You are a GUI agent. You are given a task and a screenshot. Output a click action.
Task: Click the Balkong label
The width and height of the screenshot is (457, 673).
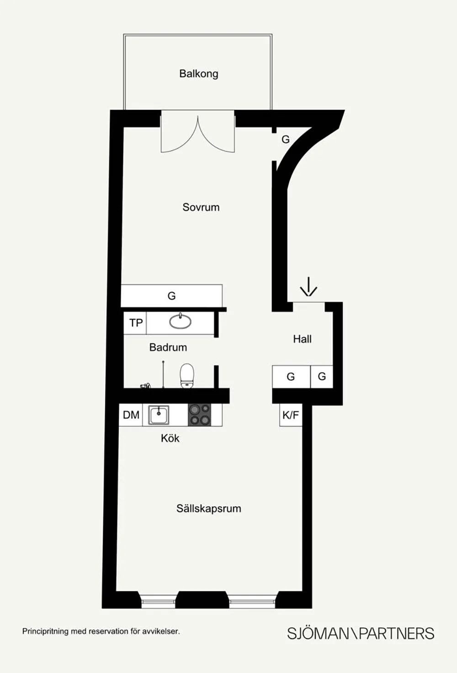pos(198,74)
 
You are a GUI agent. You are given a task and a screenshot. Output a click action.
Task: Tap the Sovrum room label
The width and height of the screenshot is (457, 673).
pos(201,207)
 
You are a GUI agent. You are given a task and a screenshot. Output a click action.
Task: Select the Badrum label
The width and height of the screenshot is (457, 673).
pos(168,347)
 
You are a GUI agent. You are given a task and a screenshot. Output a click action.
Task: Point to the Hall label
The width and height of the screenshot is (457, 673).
pos(302,339)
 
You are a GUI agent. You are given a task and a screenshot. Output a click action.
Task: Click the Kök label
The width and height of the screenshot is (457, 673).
pos(170,438)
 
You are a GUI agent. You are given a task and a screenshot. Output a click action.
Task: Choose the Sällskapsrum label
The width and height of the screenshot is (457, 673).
pos(208,508)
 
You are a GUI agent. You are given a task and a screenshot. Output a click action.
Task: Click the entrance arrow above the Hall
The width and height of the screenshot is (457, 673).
pos(308,287)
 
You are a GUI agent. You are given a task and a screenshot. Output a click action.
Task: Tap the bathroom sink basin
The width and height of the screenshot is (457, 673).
pos(181,322)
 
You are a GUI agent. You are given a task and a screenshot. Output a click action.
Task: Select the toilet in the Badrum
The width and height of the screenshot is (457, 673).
pos(187,375)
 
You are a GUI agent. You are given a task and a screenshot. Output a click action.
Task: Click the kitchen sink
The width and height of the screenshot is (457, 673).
pos(159,415)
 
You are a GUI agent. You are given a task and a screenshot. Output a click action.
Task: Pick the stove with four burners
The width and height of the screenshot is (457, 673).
pos(200,415)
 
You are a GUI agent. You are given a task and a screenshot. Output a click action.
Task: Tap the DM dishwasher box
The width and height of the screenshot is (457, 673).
pos(131,415)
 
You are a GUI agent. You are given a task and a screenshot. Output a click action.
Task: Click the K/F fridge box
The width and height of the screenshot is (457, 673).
pos(291,415)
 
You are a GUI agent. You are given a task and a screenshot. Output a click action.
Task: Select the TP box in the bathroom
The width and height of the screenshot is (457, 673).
pos(136,323)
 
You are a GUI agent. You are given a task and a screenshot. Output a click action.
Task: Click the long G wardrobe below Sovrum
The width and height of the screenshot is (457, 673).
pos(171,296)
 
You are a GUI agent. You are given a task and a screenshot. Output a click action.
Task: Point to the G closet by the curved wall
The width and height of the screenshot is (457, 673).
pos(285,140)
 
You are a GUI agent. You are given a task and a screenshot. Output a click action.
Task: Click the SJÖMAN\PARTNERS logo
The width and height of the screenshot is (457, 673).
pos(360,633)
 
